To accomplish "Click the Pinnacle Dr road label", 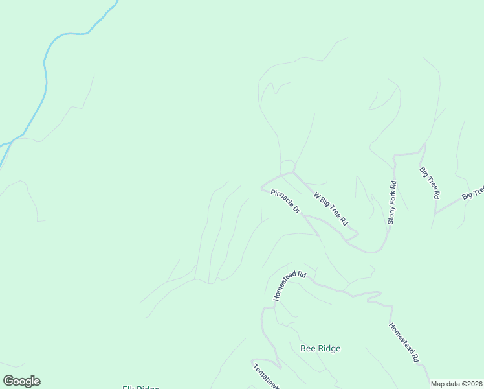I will pos(285,202).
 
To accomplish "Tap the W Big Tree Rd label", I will pos(331,209).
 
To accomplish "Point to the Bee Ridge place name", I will pos(320,348).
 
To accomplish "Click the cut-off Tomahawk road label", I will pos(265,375).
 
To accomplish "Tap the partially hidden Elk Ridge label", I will pos(140,387).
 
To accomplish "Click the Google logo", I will pos(21,381).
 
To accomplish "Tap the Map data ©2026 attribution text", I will pos(457,384).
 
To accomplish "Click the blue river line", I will pos(45,71).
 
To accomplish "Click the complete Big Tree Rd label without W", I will pos(430,182).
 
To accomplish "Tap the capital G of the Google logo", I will pos(8,381).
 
